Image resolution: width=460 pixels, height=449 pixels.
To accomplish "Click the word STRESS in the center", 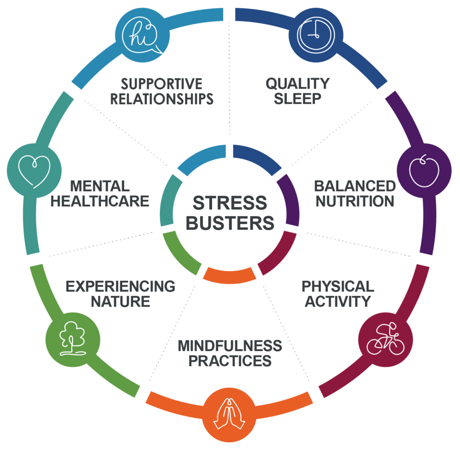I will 230,203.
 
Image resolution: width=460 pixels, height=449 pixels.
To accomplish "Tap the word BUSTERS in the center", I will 230,223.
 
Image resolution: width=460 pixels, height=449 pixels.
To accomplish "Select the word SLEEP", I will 297,99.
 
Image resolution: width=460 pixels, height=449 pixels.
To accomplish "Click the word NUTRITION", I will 354,201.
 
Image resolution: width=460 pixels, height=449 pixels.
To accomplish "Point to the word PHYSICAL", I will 337,286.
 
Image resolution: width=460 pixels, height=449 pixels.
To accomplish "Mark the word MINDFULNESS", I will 230,346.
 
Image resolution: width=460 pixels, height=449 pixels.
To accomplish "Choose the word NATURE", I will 120,301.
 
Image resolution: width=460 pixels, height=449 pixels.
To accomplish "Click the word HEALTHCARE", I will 99,201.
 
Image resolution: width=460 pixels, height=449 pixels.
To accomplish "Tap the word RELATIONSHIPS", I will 162,99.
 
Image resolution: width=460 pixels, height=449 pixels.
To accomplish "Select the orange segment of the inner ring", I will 230,274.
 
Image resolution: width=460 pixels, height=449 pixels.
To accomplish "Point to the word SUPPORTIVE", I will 162,84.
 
